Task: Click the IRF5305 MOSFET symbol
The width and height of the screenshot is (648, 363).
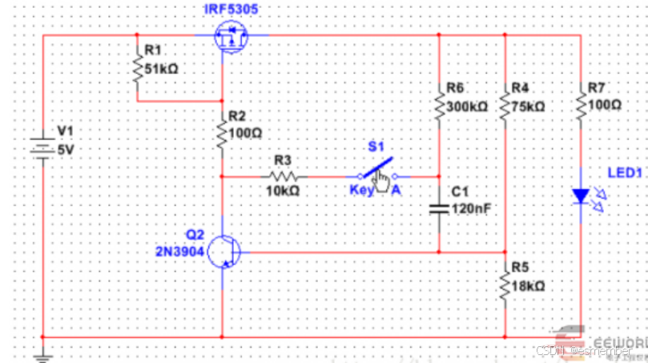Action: (x=231, y=37)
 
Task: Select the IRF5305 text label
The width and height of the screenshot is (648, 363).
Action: (x=232, y=9)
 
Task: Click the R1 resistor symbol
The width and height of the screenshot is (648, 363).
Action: (x=138, y=69)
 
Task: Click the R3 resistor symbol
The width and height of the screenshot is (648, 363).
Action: (x=283, y=175)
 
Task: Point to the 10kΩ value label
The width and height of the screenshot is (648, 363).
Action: (x=282, y=192)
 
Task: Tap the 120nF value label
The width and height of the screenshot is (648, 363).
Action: (x=471, y=208)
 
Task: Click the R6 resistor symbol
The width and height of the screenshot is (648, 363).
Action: (x=439, y=105)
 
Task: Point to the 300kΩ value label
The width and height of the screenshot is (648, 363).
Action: (x=468, y=106)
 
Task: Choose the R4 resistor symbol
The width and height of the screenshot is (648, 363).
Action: (x=505, y=105)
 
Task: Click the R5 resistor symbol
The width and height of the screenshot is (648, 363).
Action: (x=505, y=284)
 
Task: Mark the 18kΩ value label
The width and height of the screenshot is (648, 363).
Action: (x=528, y=286)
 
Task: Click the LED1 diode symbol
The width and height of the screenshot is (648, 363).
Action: (x=581, y=196)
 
